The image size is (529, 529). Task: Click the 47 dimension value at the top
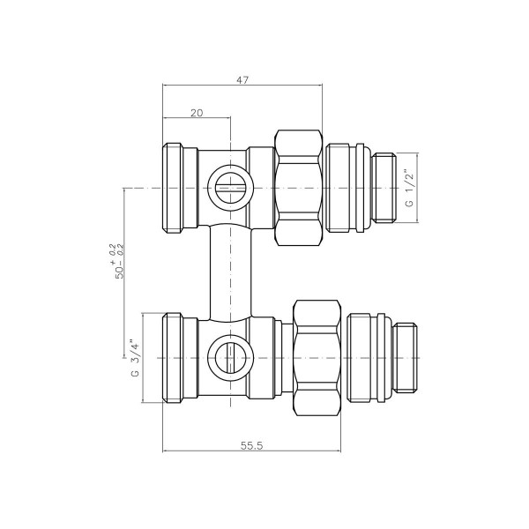pos(242,79)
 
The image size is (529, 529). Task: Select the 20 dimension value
pos(196,112)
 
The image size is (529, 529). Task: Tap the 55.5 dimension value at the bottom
pos(251,444)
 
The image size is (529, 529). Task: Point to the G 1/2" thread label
pos(408,189)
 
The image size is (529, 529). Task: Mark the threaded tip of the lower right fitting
pos(406,358)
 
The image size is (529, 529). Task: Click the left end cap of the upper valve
pos(179,188)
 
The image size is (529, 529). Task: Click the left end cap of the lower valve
pos(179,358)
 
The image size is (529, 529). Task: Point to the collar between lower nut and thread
pos(368,358)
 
